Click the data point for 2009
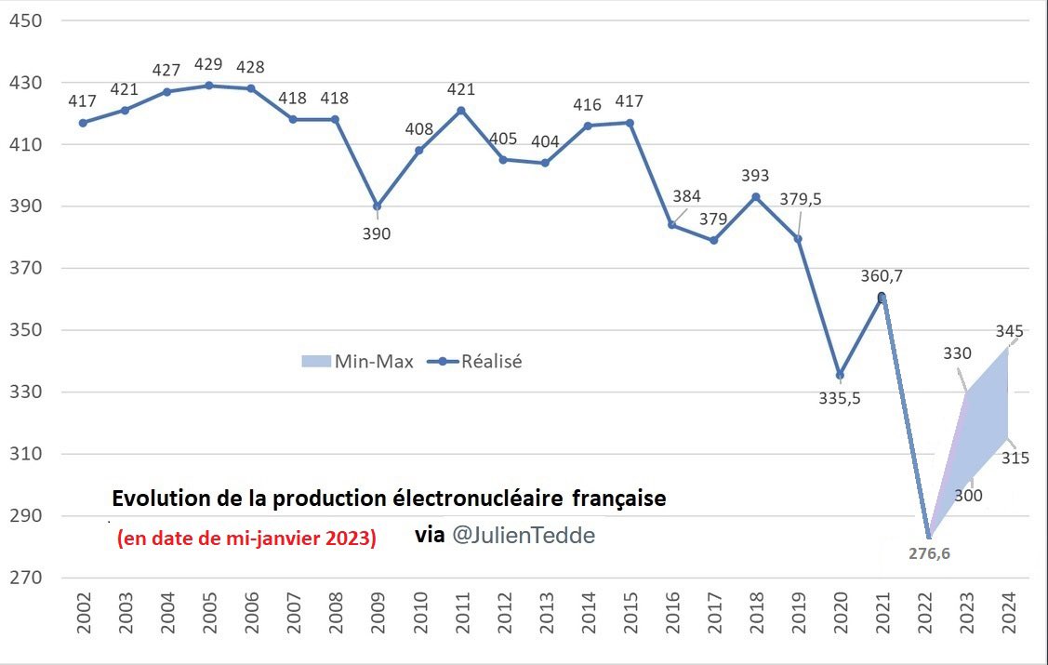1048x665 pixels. click(377, 206)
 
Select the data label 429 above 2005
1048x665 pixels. click(209, 64)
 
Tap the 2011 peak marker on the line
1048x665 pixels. click(460, 110)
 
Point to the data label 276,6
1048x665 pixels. click(928, 553)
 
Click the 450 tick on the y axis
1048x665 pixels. click(26, 20)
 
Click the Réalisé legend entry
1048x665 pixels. click(475, 362)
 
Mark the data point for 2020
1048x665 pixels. click(840, 375)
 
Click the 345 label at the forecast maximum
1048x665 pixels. click(1010, 331)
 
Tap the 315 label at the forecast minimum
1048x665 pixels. click(1015, 458)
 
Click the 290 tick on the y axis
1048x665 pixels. click(26, 516)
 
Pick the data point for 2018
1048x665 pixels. click(756, 196)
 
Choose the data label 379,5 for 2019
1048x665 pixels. click(800, 199)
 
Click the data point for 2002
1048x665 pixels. click(83, 123)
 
